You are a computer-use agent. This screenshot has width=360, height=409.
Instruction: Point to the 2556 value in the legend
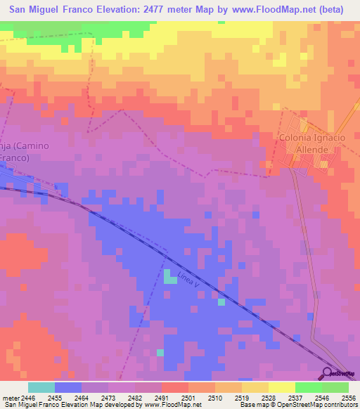pyautogui.click(x=348, y=397)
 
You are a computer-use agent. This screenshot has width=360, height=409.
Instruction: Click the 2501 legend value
pyautogui.click(x=175, y=397)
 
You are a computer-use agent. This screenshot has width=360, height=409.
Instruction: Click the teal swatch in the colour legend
pyautogui.click(x=41, y=387)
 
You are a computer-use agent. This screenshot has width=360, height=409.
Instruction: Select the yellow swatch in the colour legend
pyautogui.click(x=282, y=387)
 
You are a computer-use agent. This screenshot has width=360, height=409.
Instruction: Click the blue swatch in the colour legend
pyautogui.click(x=68, y=387)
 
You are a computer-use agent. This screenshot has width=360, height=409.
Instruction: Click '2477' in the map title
pyautogui.click(x=170, y=10)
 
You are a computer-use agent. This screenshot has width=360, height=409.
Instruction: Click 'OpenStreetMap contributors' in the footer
pyautogui.click(x=320, y=405)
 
